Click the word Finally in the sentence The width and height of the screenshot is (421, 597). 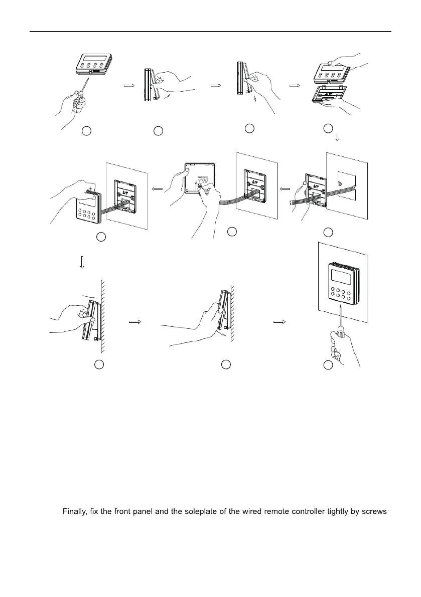[75, 512]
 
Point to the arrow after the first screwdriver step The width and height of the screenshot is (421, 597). [129, 86]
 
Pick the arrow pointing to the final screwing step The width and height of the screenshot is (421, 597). [280, 322]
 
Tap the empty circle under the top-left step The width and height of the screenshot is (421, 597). [86, 131]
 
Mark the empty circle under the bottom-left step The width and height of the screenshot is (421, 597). [99, 365]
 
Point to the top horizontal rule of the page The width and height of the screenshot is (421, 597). [211, 32]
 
